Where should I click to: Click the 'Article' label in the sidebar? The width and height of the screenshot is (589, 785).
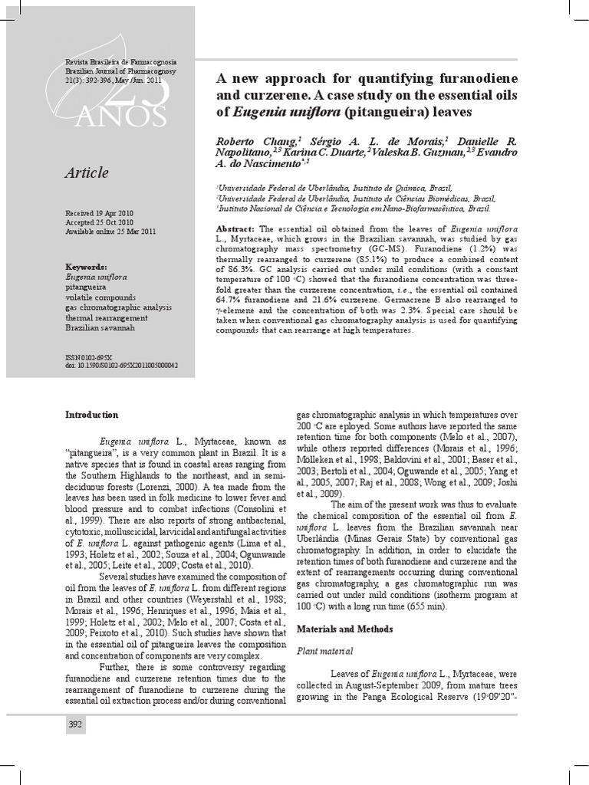[x=87, y=174]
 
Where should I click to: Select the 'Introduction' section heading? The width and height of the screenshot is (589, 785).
[x=91, y=415]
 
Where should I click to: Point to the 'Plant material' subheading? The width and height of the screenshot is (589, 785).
[x=325, y=651]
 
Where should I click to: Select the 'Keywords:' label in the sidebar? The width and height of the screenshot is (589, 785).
[x=86, y=266]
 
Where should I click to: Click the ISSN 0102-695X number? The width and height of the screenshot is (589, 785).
[x=89, y=358]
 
